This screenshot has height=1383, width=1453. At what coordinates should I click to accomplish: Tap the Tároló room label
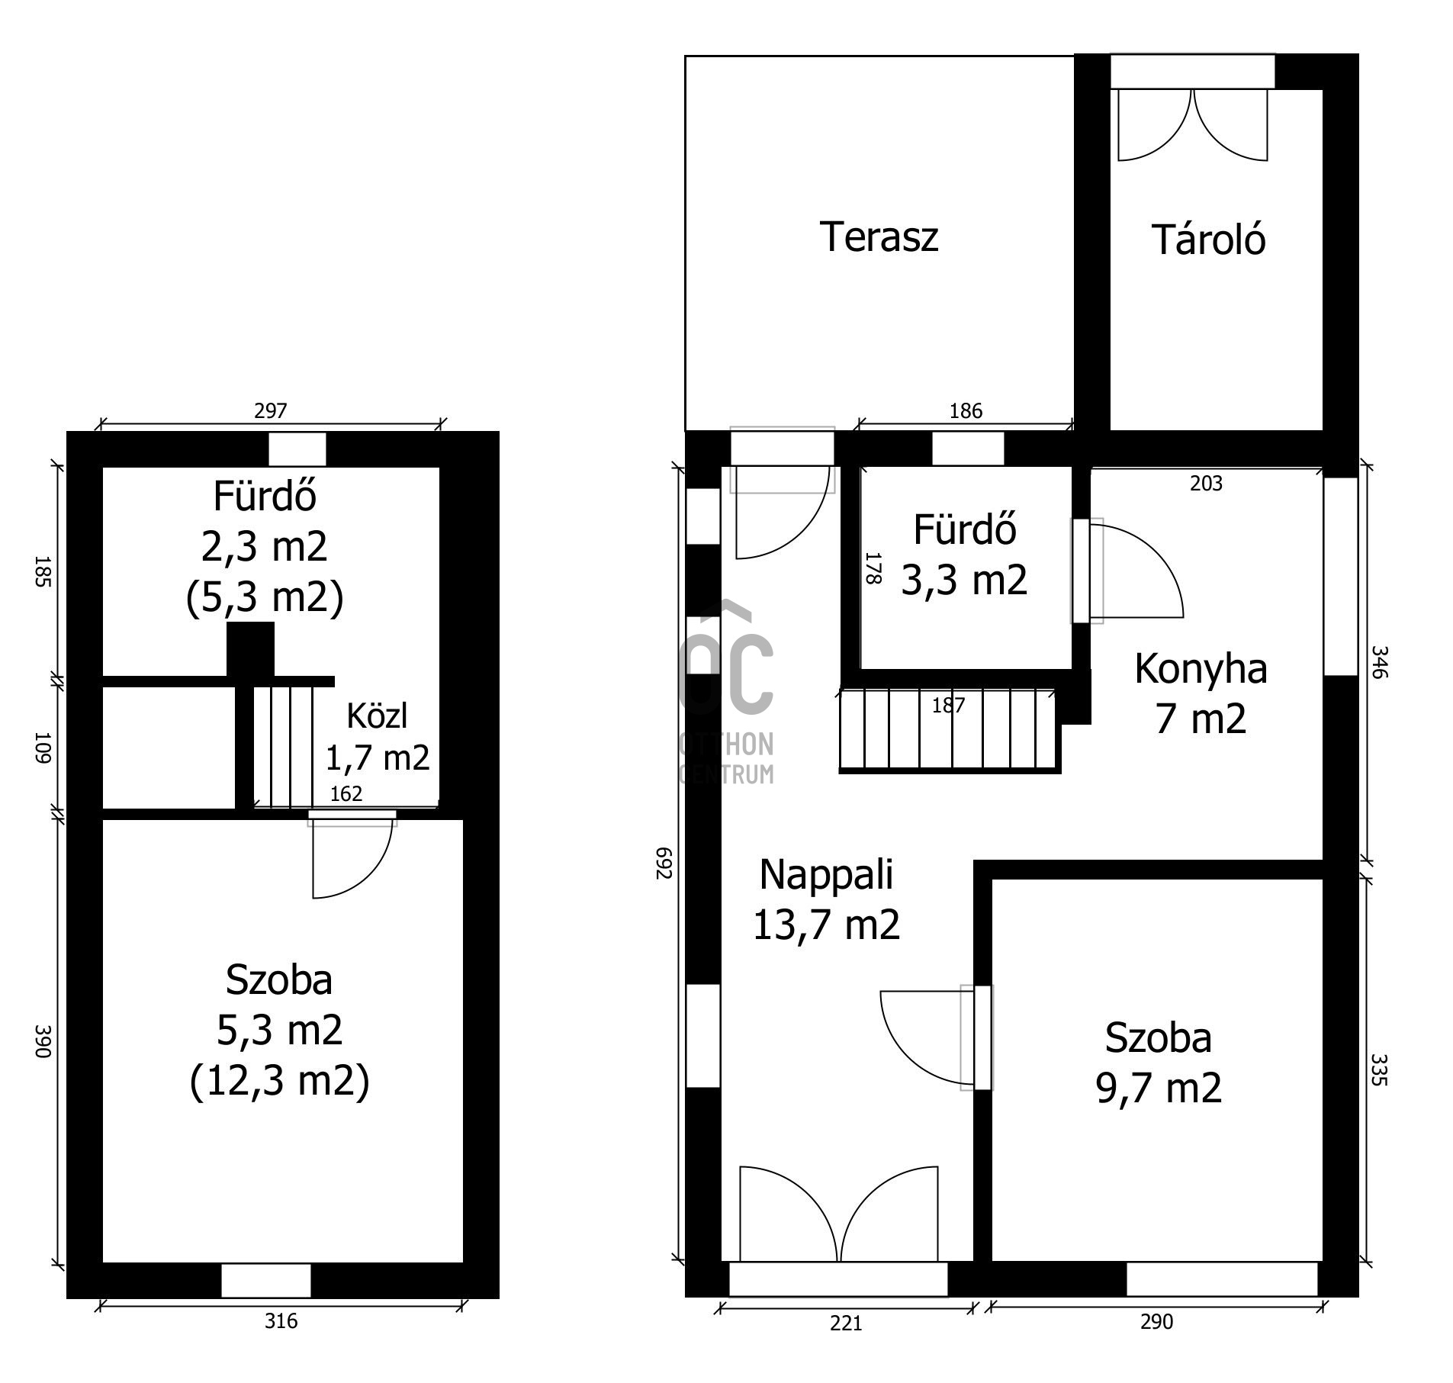[x=1208, y=239]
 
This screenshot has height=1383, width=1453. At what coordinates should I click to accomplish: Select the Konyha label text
[x=1201, y=669]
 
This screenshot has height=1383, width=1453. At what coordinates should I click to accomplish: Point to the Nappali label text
[x=826, y=875]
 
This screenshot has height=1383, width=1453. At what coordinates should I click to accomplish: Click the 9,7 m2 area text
[x=1159, y=1087]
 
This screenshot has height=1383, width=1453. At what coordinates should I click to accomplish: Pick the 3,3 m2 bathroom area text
[x=964, y=579]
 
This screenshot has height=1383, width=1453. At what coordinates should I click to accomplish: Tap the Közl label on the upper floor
[x=377, y=716]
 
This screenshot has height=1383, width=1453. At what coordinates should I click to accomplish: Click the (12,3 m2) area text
[x=279, y=1081]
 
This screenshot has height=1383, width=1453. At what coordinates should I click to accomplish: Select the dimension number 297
[x=270, y=411]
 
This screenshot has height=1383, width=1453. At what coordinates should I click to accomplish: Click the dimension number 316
[x=281, y=1320]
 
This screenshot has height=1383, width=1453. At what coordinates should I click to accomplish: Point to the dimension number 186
[x=966, y=411]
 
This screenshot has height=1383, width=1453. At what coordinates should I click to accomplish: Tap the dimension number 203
[x=1206, y=484]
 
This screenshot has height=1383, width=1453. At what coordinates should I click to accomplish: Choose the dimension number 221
[x=846, y=1323]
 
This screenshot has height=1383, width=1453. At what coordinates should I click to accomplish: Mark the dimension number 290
[x=1156, y=1322]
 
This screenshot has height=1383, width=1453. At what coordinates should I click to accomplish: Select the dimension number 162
[x=346, y=794]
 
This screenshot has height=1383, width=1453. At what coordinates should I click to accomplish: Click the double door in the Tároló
[x=1192, y=124]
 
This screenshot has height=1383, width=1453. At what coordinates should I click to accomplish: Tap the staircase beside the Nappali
[x=950, y=731]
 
